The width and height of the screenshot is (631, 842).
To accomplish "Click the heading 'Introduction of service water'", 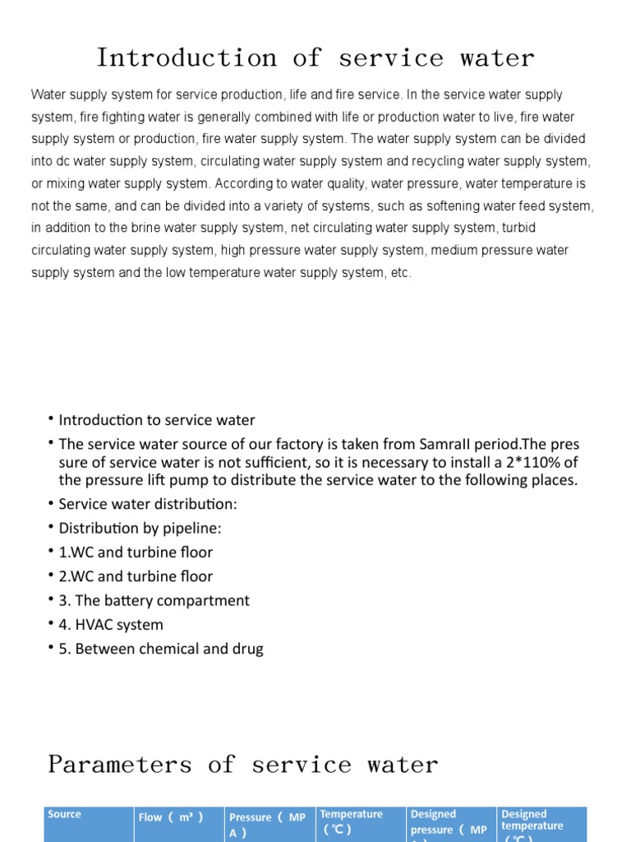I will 315,58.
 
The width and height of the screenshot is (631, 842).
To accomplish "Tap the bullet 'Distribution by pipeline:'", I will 140,528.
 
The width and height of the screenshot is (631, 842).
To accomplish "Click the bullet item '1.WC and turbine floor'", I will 136,553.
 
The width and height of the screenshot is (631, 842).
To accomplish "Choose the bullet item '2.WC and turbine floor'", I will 136,576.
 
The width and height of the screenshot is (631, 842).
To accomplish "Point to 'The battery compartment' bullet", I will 154,600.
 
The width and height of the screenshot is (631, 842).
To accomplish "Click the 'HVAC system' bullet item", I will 111,625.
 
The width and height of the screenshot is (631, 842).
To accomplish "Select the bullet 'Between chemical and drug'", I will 161,649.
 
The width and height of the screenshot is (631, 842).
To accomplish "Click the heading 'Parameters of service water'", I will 243,765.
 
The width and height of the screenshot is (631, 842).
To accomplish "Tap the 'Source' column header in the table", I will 65,815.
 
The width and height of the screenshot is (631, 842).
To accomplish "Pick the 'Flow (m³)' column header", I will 171,817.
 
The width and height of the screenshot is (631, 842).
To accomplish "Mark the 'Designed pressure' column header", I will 449,822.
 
